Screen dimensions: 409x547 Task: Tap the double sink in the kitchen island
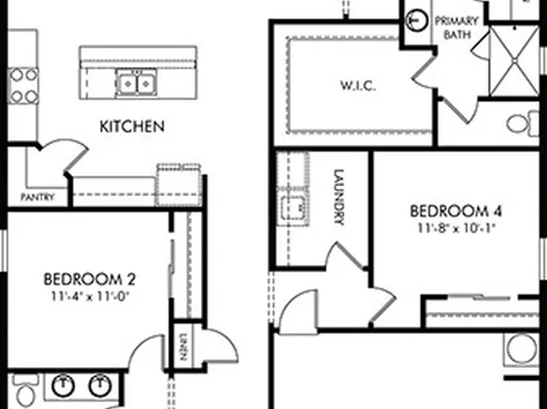coord(136,83)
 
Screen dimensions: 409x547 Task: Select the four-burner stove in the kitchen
coord(22,83)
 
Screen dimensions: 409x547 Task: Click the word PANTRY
coord(38,197)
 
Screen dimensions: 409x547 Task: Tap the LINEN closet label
coord(184,341)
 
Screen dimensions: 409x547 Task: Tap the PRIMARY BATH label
coord(456,28)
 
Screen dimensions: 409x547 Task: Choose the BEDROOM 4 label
coord(457,211)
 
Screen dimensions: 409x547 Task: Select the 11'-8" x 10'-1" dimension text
coord(457,227)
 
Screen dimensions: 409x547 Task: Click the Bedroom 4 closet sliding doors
coord(482,312)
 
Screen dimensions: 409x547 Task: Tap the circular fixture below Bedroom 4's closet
coord(524,349)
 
